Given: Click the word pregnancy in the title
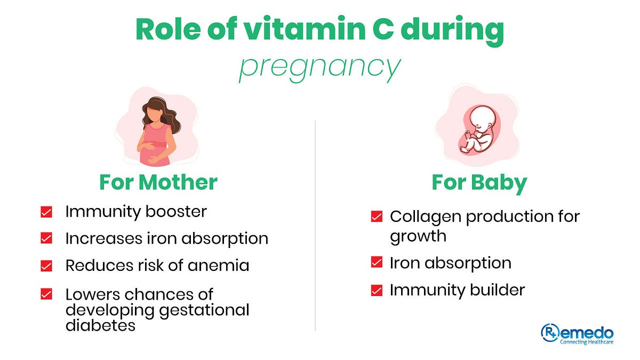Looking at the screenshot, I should pos(319,68).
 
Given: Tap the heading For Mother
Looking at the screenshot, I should pos(158,182).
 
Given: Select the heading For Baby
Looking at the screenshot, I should pos(479,182).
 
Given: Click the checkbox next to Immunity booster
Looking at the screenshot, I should pos(46,212).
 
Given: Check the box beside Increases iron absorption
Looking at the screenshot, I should pos(46,238).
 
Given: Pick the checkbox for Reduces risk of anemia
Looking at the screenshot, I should pos(46,266).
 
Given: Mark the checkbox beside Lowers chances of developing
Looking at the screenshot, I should pos(46,294).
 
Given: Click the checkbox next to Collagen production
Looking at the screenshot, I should pos(377,217).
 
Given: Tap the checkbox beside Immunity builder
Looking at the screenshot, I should pos(377,290).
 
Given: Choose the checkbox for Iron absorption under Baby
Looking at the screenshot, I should pos(377,263).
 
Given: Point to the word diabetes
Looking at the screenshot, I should pos(100,325).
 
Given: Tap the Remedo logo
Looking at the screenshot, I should pos(577,334).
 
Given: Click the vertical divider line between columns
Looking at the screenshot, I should pos(316,224).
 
